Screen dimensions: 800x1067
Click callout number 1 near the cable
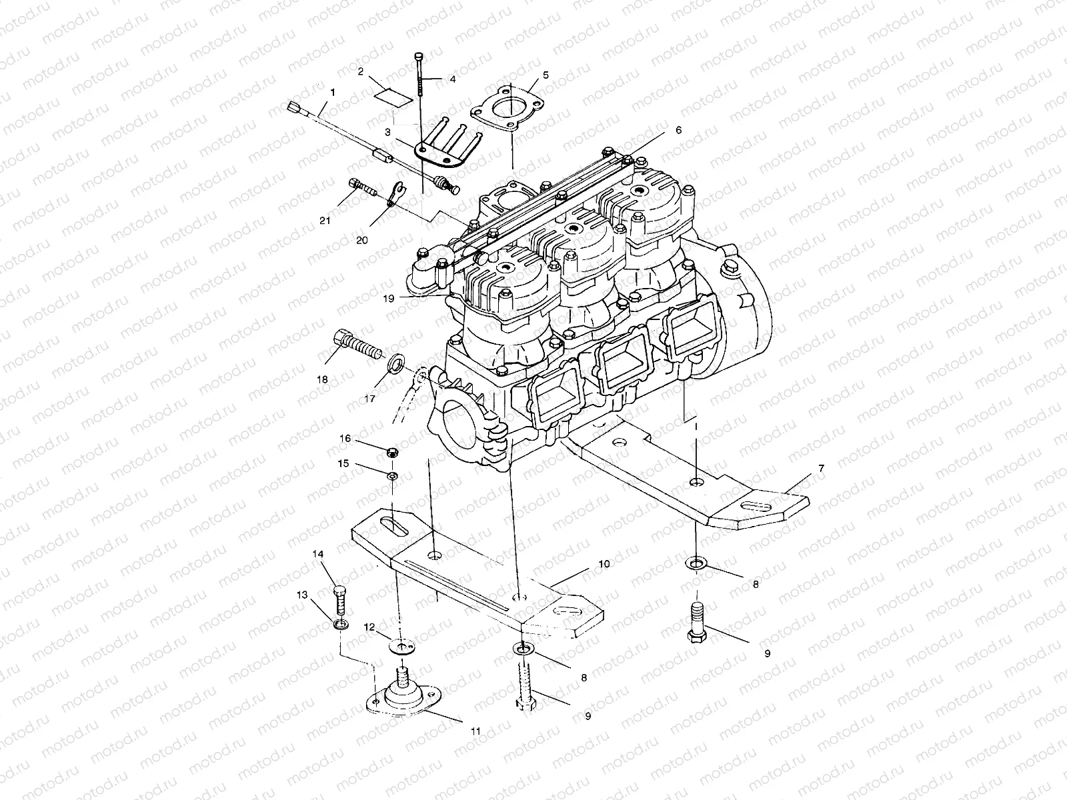tap(332, 91)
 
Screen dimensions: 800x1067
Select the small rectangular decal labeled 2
tap(392, 95)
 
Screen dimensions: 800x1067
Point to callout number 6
tap(678, 131)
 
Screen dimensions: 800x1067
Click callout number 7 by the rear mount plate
tap(821, 469)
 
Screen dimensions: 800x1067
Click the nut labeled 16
tap(393, 453)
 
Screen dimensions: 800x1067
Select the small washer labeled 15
tap(393, 475)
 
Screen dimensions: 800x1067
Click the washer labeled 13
tap(341, 625)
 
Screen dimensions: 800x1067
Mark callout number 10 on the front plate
tap(604, 564)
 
